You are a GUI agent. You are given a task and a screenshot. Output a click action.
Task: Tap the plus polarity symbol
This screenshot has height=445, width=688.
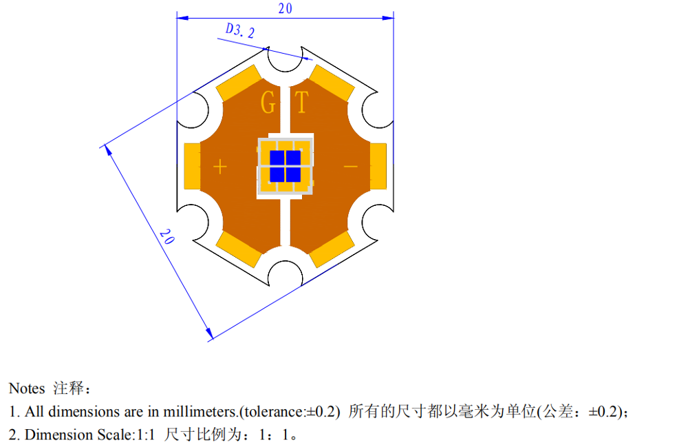click(219, 166)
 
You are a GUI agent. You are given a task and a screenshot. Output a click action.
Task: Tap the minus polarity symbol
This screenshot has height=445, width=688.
click(350, 166)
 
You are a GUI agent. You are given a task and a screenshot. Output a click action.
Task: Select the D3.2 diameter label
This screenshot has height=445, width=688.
click(240, 31)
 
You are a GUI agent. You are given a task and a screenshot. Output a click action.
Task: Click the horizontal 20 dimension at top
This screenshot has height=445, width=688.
click(286, 9)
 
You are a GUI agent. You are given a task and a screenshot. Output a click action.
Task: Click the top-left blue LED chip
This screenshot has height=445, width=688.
click(277, 158)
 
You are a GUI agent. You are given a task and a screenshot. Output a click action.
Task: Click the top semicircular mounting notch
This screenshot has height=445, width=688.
click(285, 61)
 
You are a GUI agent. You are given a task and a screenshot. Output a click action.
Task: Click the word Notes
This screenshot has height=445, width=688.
click(27, 389)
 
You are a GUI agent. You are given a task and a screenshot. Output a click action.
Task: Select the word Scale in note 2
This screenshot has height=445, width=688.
click(120, 435)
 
